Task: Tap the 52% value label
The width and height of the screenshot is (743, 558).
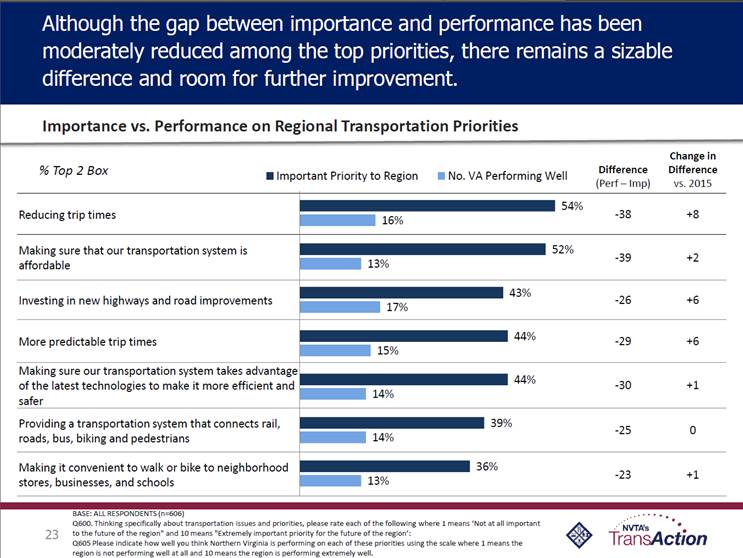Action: click(x=563, y=249)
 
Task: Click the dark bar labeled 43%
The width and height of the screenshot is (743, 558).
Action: click(x=401, y=292)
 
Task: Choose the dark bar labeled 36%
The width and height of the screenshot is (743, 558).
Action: click(x=385, y=466)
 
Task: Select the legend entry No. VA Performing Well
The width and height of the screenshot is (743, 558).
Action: click(x=503, y=176)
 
